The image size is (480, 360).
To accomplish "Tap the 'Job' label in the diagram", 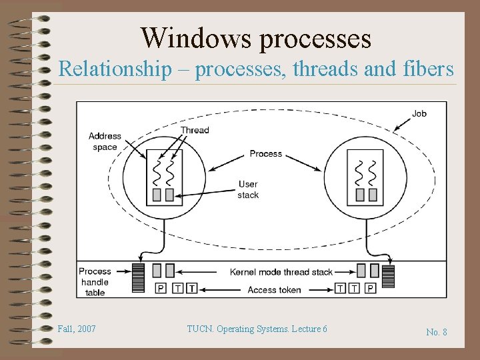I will coord(419,113).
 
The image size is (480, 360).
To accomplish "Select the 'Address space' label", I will coord(105,141).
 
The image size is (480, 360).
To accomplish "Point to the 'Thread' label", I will coord(195,130).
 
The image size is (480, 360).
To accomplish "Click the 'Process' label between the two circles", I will coord(266,153).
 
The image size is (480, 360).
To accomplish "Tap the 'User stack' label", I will coord(248,189).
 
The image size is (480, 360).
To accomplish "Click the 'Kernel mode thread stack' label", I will coord(281,272).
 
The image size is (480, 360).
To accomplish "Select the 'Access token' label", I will coord(274,290).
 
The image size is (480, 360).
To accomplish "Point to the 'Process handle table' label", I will coord(95,281).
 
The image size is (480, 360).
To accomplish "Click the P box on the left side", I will coord(161,289).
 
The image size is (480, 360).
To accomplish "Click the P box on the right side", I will coord(371,289).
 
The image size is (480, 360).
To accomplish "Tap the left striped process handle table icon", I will coord(138,278).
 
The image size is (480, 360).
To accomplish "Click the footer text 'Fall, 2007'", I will coord(77,329).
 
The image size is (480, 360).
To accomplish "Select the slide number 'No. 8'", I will coord(437,331).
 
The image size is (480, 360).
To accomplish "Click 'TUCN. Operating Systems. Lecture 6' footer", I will coord(257,329).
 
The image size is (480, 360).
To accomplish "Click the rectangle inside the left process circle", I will coord(163,176).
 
